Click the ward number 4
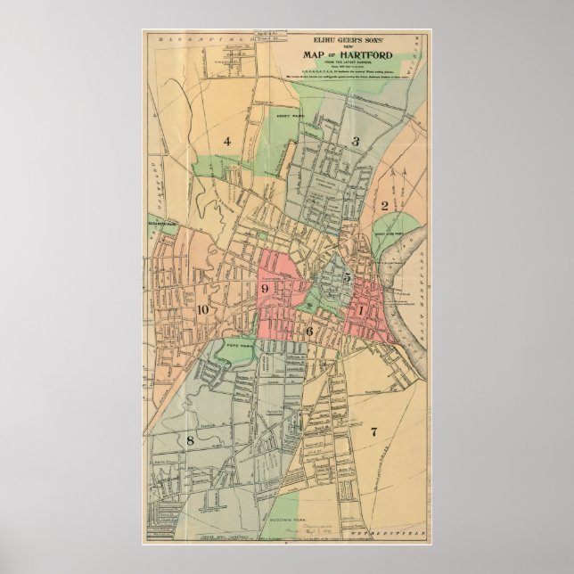pyautogui.click(x=227, y=141)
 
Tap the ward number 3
pyautogui.click(x=355, y=141)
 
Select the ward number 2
pyautogui.click(x=384, y=206)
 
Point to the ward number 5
pyautogui.click(x=346, y=278)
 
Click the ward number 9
pyautogui.click(x=265, y=289)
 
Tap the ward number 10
pyautogui.click(x=203, y=308)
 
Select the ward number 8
pyautogui.click(x=190, y=439)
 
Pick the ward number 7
pyautogui.click(x=374, y=432)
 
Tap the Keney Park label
pyautogui.click(x=290, y=115)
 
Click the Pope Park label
pyautogui.click(x=234, y=343)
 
